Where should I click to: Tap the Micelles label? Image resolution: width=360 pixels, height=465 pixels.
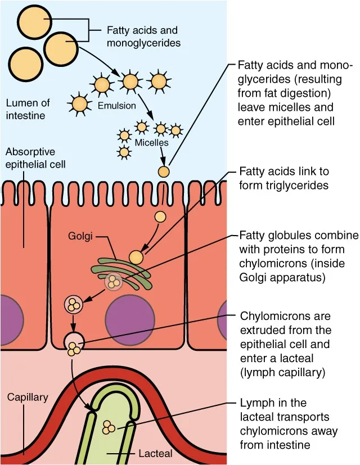[151, 143]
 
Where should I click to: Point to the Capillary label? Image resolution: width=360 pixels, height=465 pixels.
[28, 397]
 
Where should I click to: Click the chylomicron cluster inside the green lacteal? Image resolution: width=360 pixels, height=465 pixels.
[109, 428]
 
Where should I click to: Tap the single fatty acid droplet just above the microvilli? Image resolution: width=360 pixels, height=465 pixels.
[163, 171]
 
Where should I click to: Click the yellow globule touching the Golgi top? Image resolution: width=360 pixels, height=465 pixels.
[136, 258]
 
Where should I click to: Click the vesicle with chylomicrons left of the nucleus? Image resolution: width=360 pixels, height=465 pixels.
[73, 305]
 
